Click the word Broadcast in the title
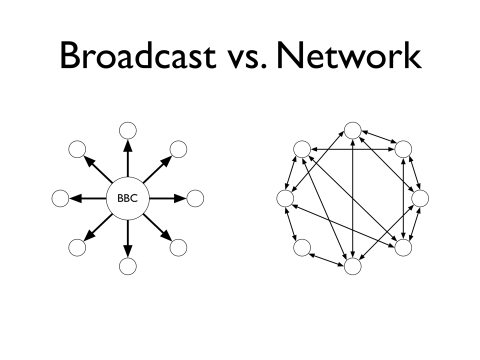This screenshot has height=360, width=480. coord(138,55)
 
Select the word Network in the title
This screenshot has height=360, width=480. coord(349,55)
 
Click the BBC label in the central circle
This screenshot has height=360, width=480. coord(127,198)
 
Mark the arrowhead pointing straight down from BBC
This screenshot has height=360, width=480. coord(127,251)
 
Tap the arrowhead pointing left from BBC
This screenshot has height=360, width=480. coord(75,198)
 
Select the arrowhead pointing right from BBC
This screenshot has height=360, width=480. coord(180,198)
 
